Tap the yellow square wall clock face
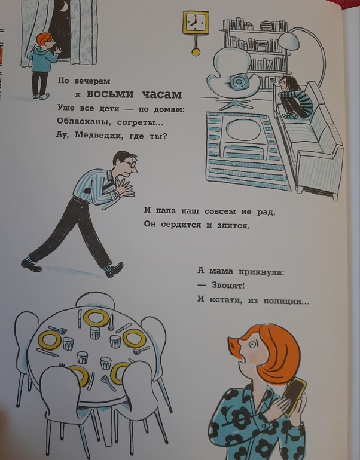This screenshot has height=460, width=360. tap(196, 23)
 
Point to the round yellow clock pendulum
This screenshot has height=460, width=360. tap(196, 52)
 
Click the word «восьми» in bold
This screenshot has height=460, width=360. tap(110, 94)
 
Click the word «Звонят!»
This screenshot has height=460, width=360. tap(228, 285)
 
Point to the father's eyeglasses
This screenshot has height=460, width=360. tap(130, 163)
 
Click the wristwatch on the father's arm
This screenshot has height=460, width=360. tap(116, 193)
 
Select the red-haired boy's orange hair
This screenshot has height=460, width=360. tap(44, 39)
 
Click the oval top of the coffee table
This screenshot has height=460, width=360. tap(244, 130)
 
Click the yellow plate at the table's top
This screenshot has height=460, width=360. tap(96, 318)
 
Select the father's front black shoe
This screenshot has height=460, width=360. tap(114, 269)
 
